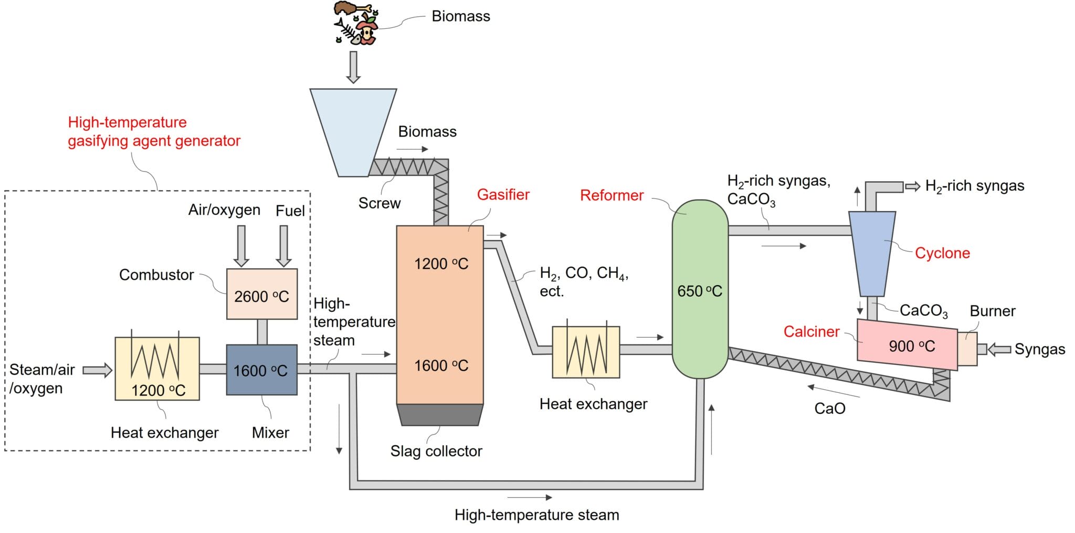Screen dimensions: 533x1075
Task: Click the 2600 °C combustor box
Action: click(261, 294)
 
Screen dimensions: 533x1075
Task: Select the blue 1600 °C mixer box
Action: click(261, 370)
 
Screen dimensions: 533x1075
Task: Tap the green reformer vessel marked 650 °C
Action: click(700, 289)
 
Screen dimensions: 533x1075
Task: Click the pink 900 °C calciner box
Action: click(907, 344)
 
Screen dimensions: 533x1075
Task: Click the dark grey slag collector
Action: click(439, 414)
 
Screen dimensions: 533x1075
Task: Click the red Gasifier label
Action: click(503, 195)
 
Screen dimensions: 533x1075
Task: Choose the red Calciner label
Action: click(811, 332)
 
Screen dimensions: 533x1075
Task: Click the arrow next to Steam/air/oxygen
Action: click(98, 370)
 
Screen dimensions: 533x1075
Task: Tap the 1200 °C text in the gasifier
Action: click(441, 264)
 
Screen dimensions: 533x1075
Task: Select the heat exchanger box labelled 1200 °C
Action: click(157, 368)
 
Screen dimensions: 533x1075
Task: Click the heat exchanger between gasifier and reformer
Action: click(586, 352)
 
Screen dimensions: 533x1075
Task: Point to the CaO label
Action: click(829, 409)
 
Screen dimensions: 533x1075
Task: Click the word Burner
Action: click(992, 311)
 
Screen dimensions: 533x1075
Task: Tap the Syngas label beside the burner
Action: click(1039, 349)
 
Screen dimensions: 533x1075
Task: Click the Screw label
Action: click(379, 203)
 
